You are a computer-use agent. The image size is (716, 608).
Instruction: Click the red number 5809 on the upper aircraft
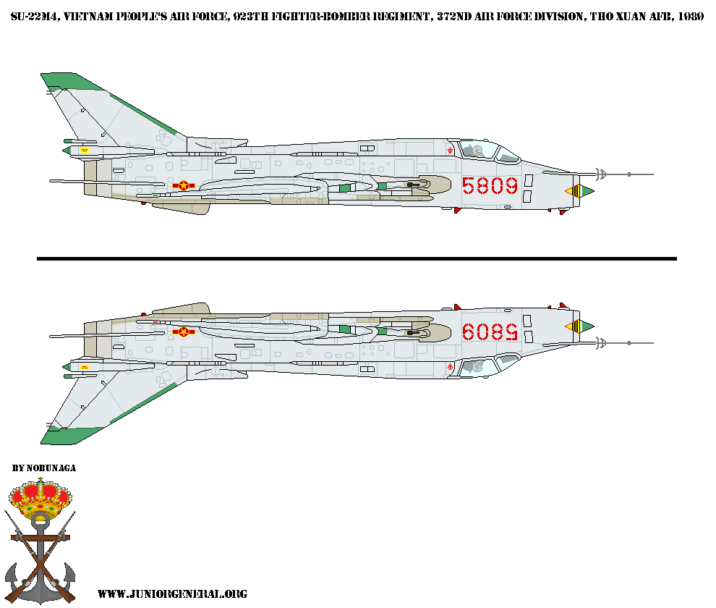click(x=490, y=186)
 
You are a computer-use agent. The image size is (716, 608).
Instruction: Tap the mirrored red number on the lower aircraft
click(x=490, y=332)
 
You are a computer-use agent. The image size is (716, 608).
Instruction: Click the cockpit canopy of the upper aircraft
click(x=481, y=149)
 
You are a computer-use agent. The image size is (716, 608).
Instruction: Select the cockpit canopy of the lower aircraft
click(x=481, y=366)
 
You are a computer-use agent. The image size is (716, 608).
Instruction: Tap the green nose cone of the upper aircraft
click(x=586, y=191)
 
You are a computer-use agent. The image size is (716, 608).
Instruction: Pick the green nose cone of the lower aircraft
click(x=586, y=326)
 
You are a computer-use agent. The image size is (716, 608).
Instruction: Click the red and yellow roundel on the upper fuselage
click(x=184, y=186)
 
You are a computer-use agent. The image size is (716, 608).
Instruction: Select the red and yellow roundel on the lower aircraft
click(x=184, y=332)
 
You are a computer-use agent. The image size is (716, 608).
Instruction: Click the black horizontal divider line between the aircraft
click(x=357, y=258)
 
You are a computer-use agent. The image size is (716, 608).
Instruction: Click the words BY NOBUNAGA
click(x=44, y=468)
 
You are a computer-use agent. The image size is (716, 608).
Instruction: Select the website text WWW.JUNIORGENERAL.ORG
click(x=172, y=594)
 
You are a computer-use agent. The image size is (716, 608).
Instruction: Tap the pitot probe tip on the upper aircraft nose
click(x=652, y=174)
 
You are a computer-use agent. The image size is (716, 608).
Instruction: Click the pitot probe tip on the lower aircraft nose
click(x=652, y=343)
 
